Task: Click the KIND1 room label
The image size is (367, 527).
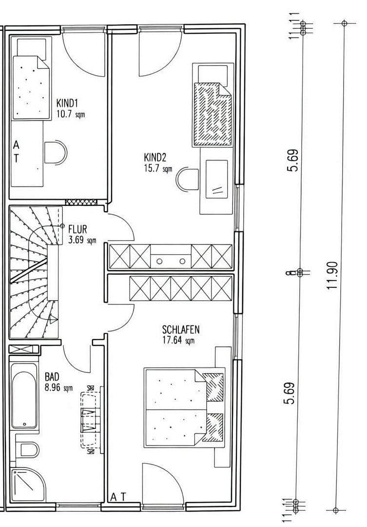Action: pyautogui.click(x=67, y=103)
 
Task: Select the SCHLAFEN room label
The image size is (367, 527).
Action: pyautogui.click(x=181, y=330)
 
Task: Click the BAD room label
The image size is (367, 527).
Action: pyautogui.click(x=52, y=377)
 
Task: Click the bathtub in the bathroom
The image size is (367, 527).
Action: pyautogui.click(x=24, y=396)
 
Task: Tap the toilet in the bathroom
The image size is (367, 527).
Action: pyautogui.click(x=27, y=448)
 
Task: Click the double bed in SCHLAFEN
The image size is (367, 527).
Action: pyautogui.click(x=184, y=406)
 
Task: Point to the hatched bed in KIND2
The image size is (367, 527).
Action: pyautogui.click(x=212, y=114)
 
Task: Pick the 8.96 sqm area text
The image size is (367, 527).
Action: pyautogui.click(x=58, y=388)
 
